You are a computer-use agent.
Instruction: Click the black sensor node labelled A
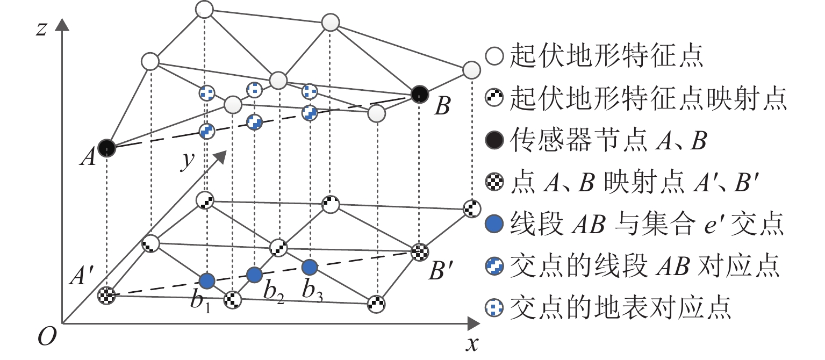point(107,146)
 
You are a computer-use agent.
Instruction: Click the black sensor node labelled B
point(420,95)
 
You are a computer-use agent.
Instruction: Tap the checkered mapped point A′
point(107,295)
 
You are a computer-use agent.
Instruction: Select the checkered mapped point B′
point(420,251)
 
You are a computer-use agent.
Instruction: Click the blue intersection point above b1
point(207,280)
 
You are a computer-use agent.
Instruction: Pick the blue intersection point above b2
point(254,274)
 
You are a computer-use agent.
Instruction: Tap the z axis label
point(41,28)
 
